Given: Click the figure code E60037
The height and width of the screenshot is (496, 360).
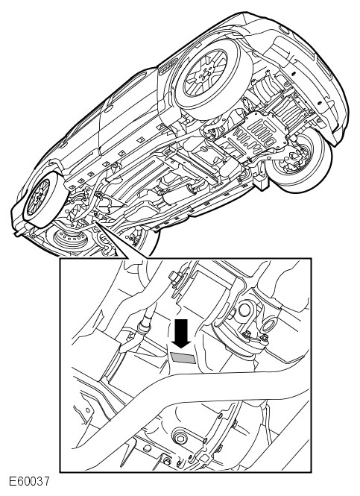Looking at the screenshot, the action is coord(29,482).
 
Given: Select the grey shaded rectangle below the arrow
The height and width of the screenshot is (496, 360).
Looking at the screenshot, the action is coord(183,358).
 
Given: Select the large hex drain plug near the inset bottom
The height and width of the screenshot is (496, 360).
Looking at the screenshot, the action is coord(181,437).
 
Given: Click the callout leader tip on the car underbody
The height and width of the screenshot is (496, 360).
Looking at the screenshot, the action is coord(95,222).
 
